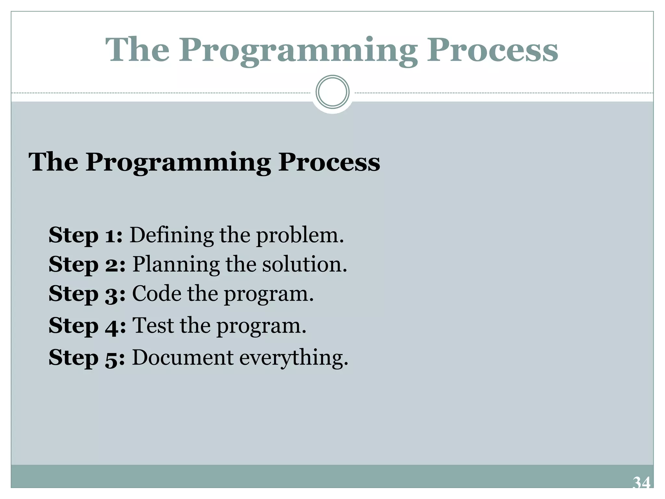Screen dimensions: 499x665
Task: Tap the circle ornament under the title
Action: coord(332,92)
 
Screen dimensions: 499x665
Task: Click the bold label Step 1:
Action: coord(85,235)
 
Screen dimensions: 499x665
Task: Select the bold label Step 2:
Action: coord(87,264)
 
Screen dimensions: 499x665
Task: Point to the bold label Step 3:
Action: coord(87,294)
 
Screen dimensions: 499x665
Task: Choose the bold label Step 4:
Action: coord(87,326)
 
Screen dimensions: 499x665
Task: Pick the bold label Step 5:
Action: coord(86,357)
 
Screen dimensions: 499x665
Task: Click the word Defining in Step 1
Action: coord(172,235)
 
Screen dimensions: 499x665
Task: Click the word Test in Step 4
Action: coord(153,326)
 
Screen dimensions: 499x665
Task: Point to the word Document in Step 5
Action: coord(183,357)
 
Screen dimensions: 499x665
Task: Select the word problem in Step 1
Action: coord(300,236)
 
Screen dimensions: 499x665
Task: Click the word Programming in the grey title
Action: coord(298,51)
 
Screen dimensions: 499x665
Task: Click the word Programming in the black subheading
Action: coord(178,162)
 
